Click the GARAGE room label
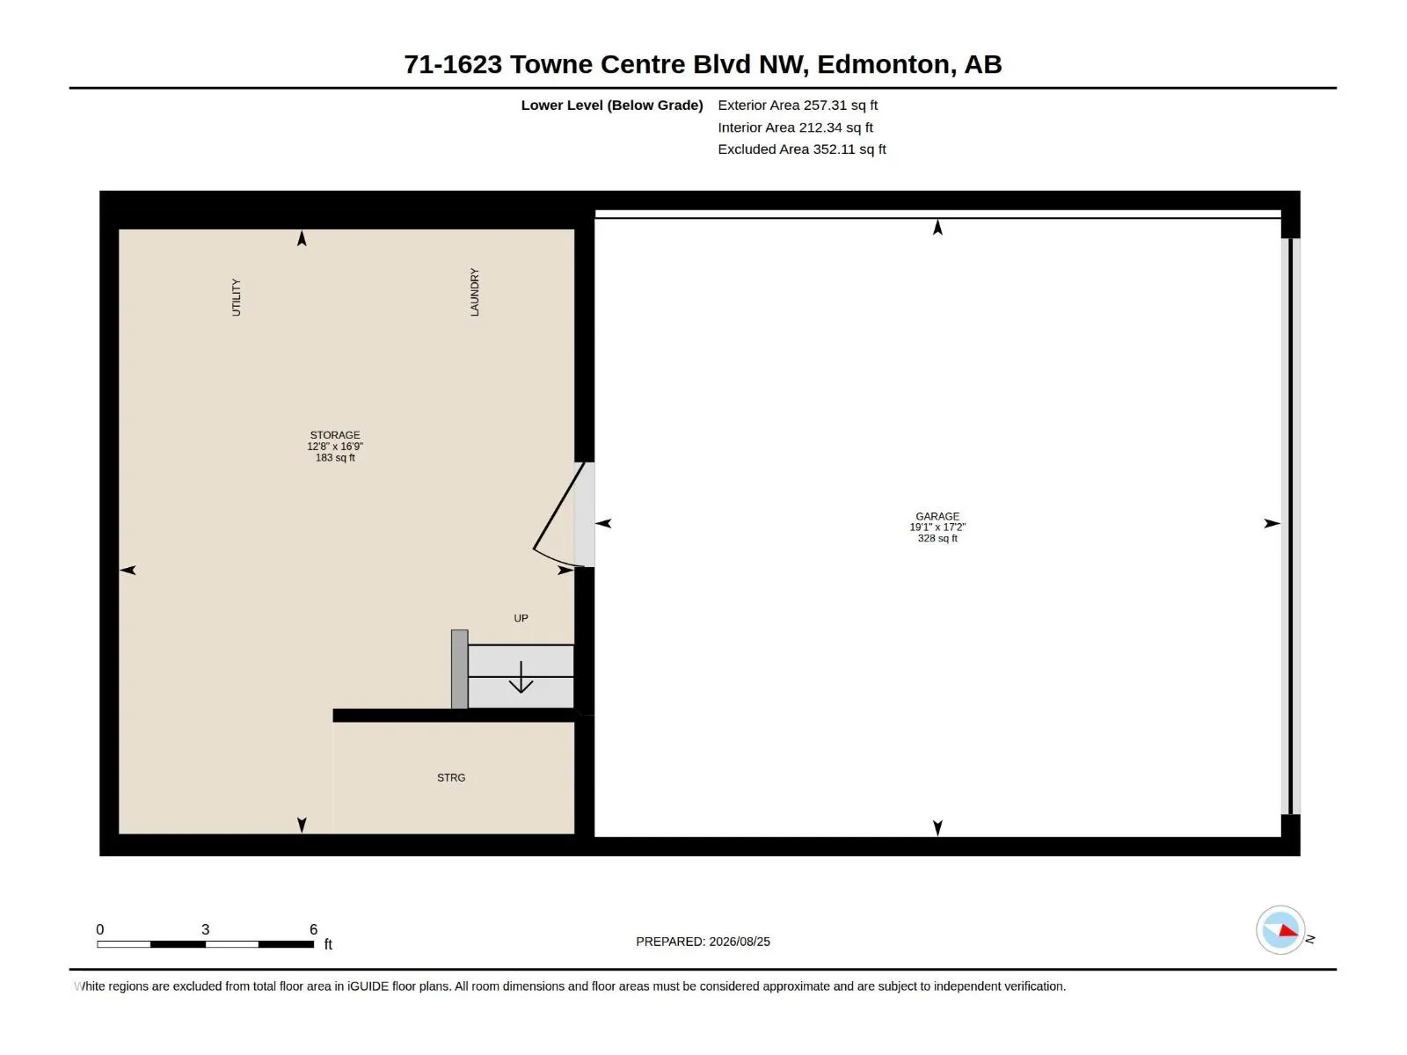(x=937, y=516)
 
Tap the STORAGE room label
(x=335, y=435)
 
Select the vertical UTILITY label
(x=236, y=297)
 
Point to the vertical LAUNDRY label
(x=474, y=292)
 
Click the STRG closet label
(x=451, y=778)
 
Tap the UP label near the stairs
(x=521, y=618)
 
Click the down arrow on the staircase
(x=521, y=677)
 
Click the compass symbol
(x=1280, y=930)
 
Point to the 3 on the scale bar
(x=205, y=929)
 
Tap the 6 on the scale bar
(x=313, y=929)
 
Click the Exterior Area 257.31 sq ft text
(x=798, y=105)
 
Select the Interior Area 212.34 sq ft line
(x=796, y=127)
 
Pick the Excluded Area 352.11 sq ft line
(x=802, y=149)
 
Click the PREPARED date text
(x=703, y=942)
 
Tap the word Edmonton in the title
(x=883, y=64)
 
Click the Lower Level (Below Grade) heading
(x=612, y=105)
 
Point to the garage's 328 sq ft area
(x=937, y=539)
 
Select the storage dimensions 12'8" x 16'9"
(x=335, y=447)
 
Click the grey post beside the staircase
(x=460, y=669)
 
